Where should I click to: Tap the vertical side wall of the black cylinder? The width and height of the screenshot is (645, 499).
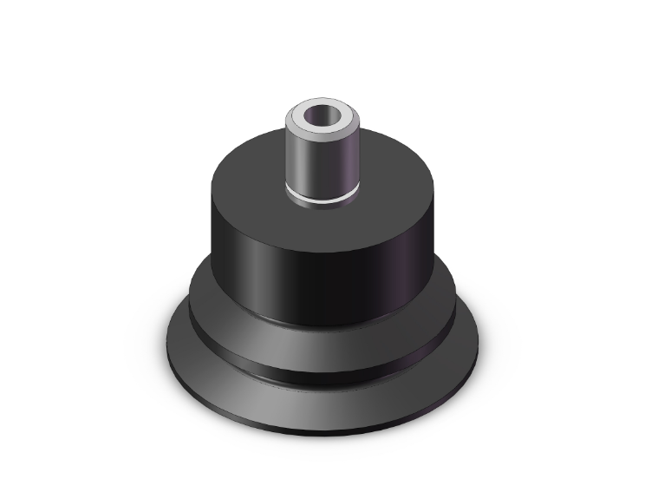coord(321,278)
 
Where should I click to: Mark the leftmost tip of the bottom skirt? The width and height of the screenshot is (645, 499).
coord(165,337)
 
